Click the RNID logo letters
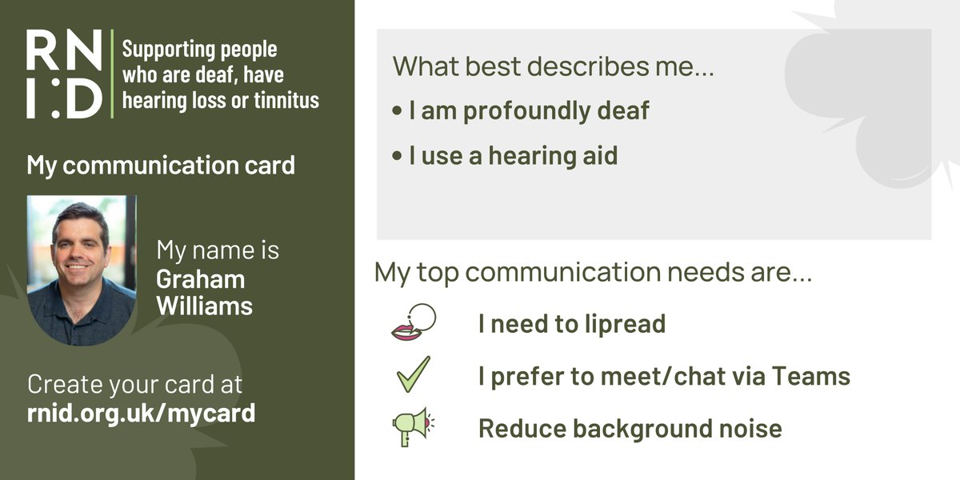point(64,74)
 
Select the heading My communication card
point(161,166)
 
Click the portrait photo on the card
point(81,270)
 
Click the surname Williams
point(205,306)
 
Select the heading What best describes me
point(553,66)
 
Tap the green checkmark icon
point(413,375)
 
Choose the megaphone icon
point(411,427)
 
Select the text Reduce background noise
point(630,428)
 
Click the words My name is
point(218,250)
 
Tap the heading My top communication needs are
point(593,274)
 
